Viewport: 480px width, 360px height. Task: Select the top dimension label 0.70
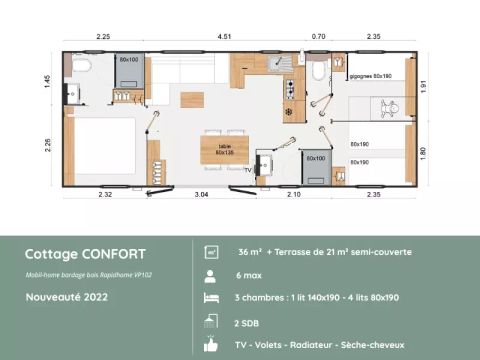click(318, 37)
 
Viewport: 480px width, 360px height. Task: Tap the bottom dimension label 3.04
click(200, 193)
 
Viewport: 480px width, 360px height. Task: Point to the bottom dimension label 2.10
click(293, 193)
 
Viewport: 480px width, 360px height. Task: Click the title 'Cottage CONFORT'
click(85, 254)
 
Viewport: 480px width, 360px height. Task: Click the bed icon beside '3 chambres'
click(211, 298)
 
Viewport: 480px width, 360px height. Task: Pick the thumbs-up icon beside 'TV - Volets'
click(211, 345)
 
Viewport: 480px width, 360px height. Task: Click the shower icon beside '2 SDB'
click(211, 321)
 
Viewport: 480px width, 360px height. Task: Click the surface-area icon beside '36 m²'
click(211, 252)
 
